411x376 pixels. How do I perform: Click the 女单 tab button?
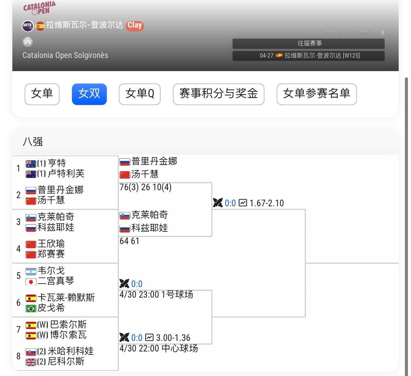pos(42,94)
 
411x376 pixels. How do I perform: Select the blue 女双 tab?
pos(89,94)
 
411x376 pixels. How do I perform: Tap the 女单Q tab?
pos(140,94)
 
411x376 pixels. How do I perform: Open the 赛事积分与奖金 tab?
pos(218,94)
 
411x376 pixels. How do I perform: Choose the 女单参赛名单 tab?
pos(317,94)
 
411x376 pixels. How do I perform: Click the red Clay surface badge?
pos(135,26)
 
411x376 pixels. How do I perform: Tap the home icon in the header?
pos(28,42)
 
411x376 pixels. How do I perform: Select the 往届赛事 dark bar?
pos(308,44)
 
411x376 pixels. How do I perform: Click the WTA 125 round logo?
pos(28,26)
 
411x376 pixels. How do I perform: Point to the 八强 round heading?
pos(33,142)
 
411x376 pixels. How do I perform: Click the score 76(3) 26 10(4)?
pos(146,187)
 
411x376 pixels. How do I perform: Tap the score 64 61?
pos(130,241)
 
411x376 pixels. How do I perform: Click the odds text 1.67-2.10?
pos(267,203)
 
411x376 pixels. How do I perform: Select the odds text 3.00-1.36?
pos(173,338)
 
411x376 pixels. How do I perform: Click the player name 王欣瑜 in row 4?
pos(51,244)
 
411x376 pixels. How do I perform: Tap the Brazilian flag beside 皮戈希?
pos(31,309)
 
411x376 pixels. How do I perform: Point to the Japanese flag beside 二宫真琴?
pos(31,282)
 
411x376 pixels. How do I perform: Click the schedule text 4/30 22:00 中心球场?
pos(159,348)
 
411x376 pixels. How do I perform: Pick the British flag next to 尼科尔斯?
pos(31,362)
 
